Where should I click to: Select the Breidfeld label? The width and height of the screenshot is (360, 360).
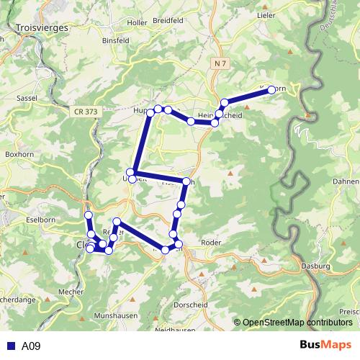point(168,21)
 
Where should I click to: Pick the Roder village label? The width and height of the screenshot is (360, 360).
point(212,243)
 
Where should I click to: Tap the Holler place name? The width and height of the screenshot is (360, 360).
point(136,23)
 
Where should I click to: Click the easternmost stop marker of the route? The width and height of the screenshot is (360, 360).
point(271,89)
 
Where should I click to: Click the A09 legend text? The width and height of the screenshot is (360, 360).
point(31,346)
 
